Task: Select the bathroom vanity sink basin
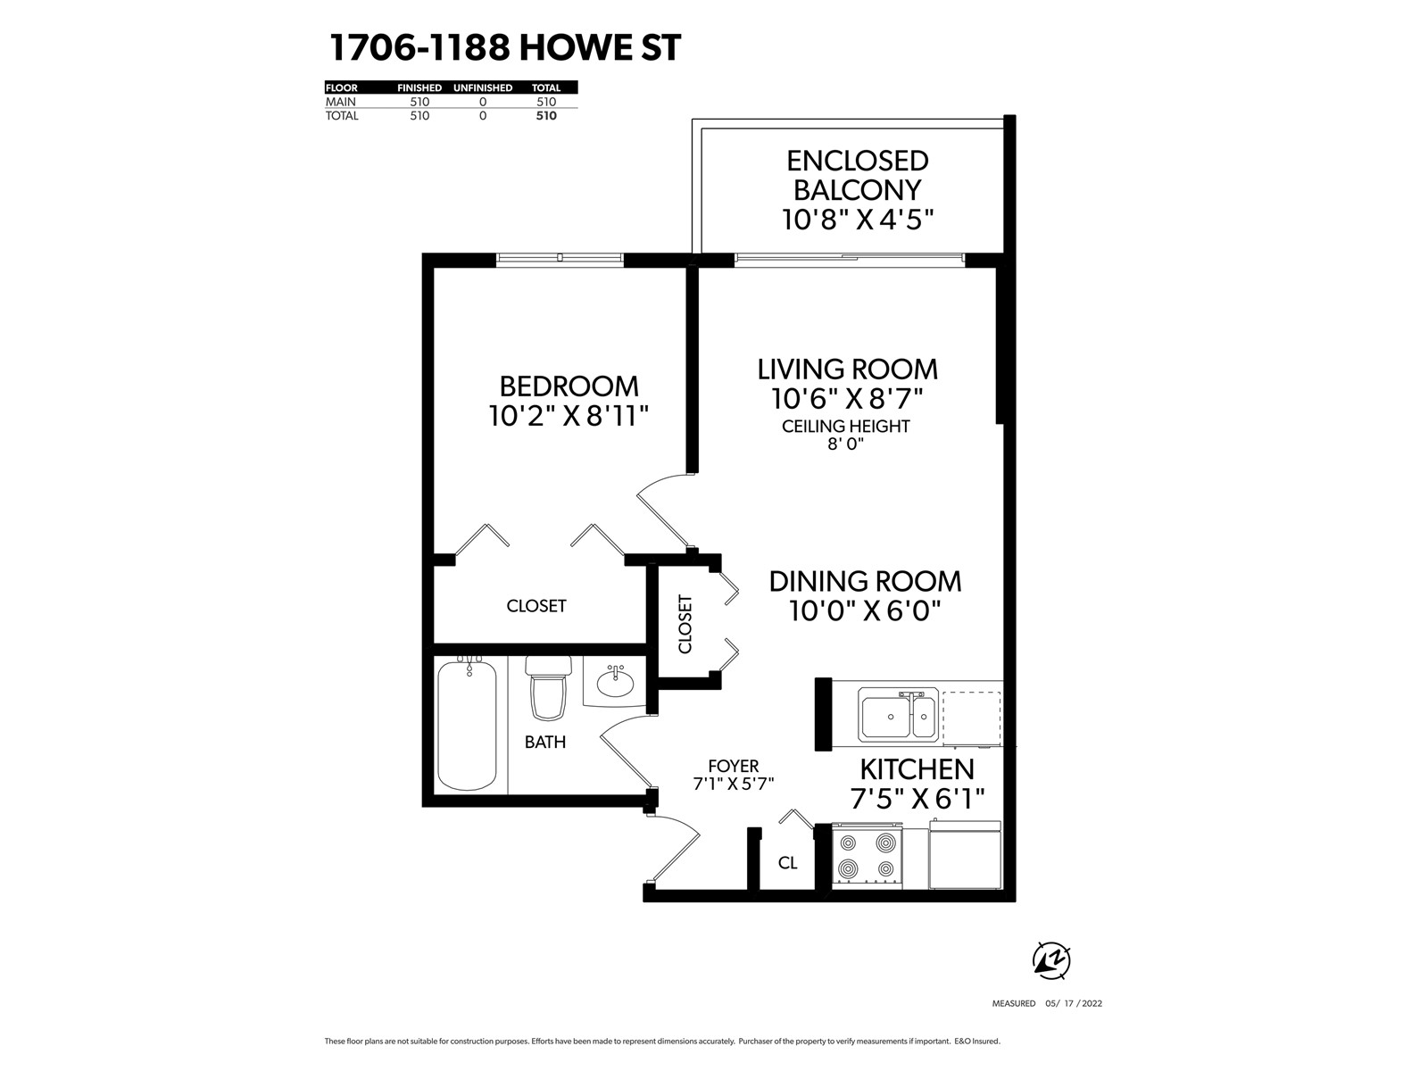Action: pyautogui.click(x=615, y=684)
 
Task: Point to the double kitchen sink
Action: pyautogui.click(x=898, y=715)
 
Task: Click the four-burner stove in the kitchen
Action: pyautogui.click(x=868, y=856)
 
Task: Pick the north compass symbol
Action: pyautogui.click(x=1051, y=960)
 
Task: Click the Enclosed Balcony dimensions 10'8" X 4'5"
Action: pyautogui.click(x=858, y=220)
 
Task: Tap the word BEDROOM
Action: pyautogui.click(x=569, y=386)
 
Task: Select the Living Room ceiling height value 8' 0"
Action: pyautogui.click(x=845, y=444)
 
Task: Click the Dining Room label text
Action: pyautogui.click(x=865, y=581)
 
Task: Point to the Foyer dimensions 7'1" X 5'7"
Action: pyautogui.click(x=734, y=785)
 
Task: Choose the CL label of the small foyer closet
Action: pyautogui.click(x=787, y=863)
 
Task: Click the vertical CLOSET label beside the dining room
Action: pyautogui.click(x=685, y=624)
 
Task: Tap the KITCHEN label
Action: pyautogui.click(x=917, y=769)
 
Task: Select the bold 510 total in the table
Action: pyautogui.click(x=546, y=116)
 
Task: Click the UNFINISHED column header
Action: pyautogui.click(x=483, y=87)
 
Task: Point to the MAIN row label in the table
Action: pyautogui.click(x=340, y=102)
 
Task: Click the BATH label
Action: pyautogui.click(x=545, y=742)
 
